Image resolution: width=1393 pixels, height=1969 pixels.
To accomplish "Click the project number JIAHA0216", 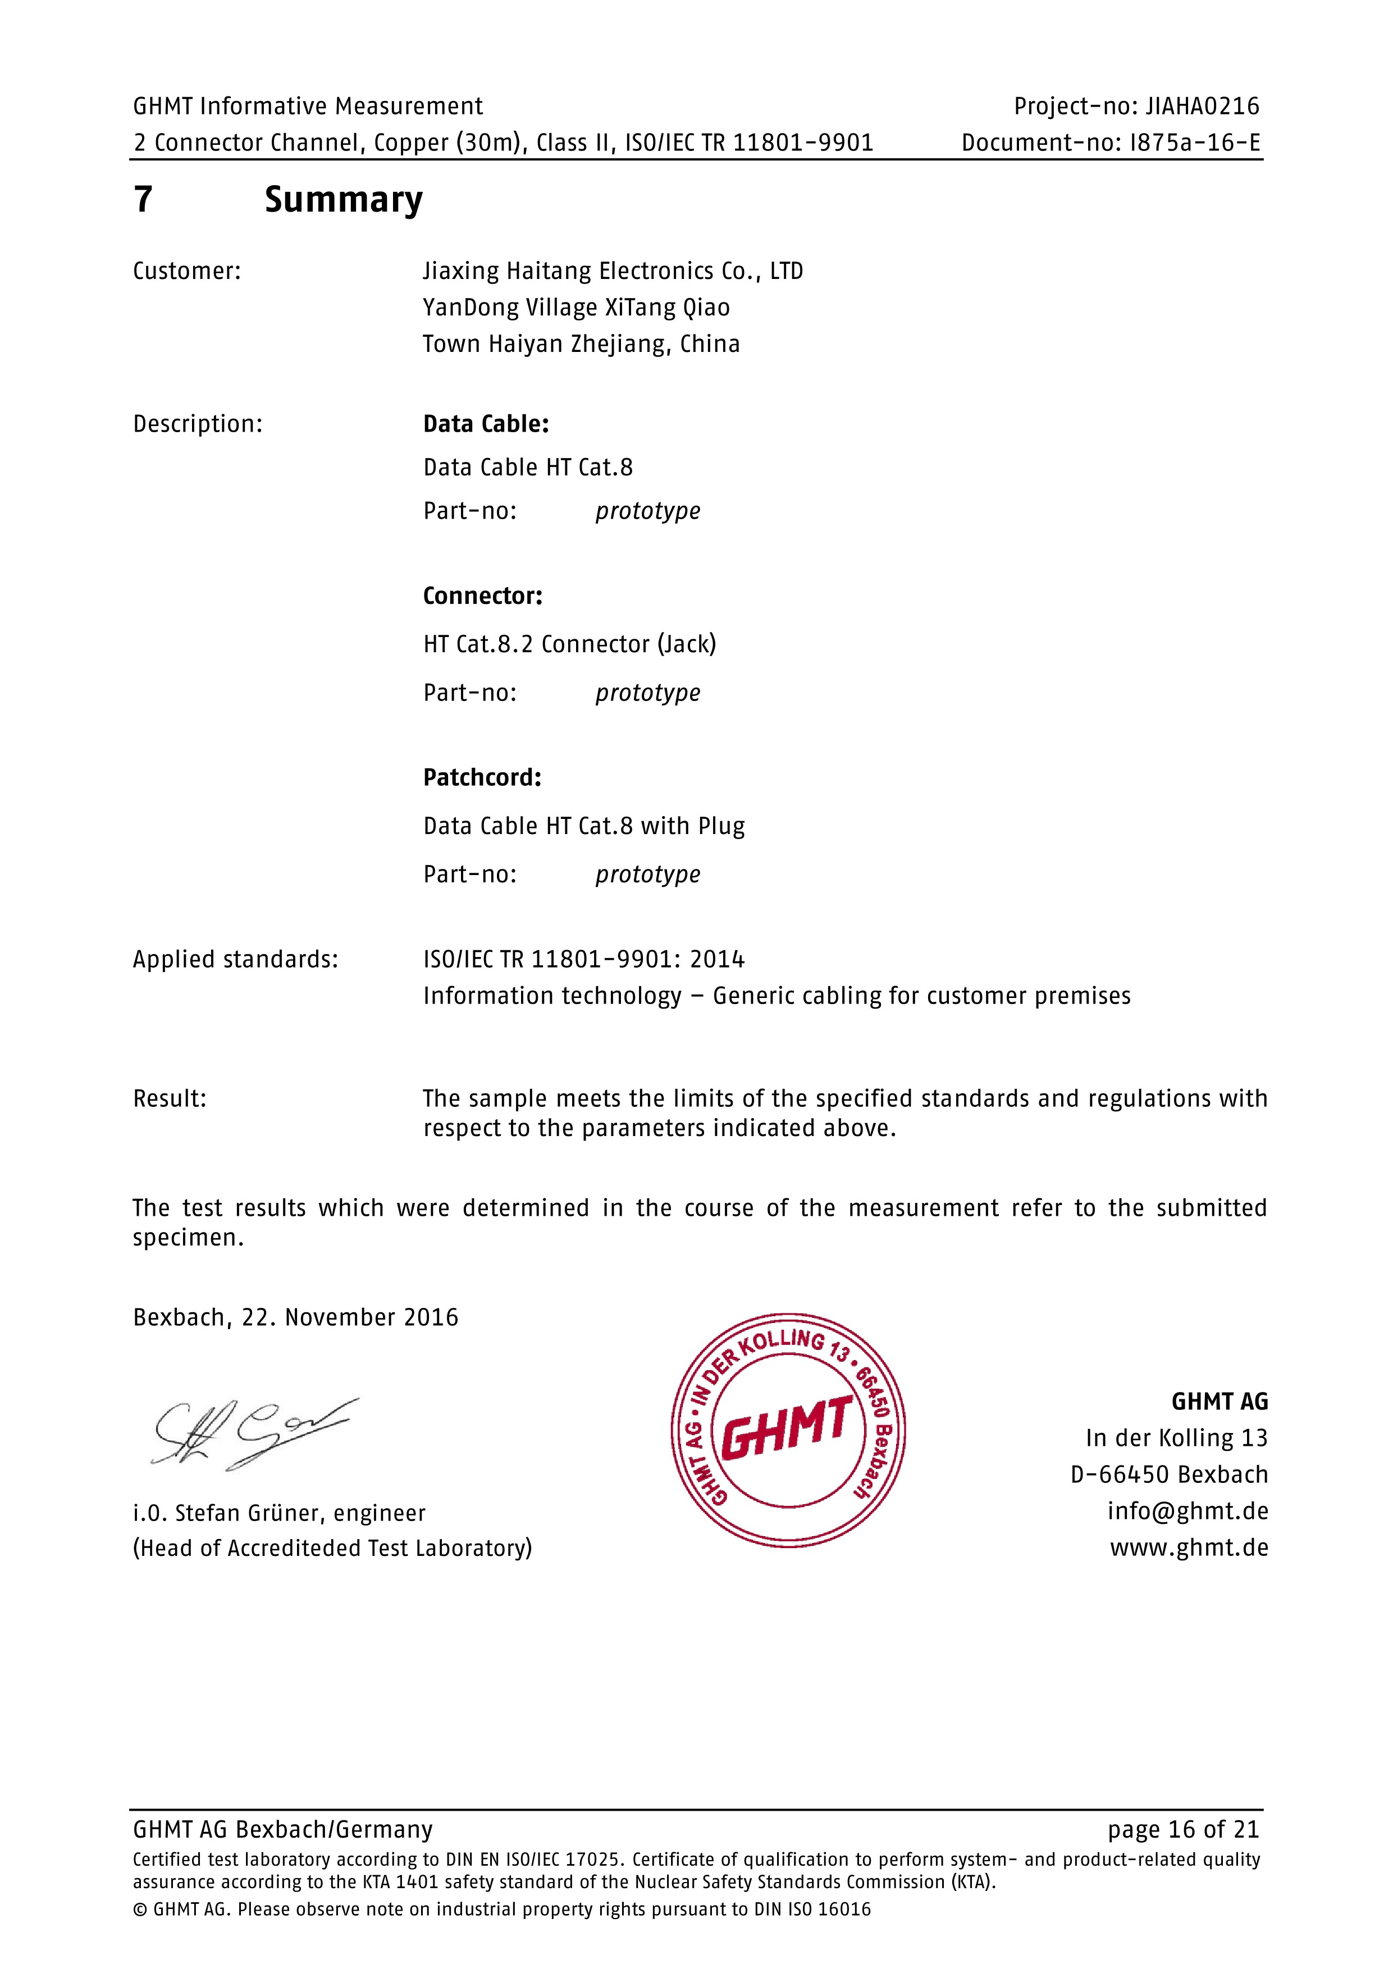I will (1203, 106).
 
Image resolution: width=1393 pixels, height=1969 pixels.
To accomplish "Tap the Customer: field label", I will (187, 272).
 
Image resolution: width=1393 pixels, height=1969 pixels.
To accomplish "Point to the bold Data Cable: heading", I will (486, 424).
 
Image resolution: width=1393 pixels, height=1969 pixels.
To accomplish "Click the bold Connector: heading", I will (482, 596).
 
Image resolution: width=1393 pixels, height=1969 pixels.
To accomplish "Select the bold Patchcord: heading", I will (482, 778).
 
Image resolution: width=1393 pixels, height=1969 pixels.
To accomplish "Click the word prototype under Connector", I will (647, 693).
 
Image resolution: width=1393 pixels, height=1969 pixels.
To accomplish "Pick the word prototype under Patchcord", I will (647, 874).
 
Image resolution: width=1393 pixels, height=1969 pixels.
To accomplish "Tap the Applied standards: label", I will (235, 960).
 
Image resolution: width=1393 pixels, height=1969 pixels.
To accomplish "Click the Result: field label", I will (170, 1098).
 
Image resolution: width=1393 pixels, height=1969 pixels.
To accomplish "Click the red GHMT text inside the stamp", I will (787, 1427).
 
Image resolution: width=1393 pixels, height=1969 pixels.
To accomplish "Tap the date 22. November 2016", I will (350, 1317).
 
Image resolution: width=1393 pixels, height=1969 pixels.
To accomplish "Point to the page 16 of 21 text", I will (1183, 1829).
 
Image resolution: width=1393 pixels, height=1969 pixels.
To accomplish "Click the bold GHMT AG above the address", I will (1219, 1402).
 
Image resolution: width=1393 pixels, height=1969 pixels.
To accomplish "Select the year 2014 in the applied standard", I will (717, 960).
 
